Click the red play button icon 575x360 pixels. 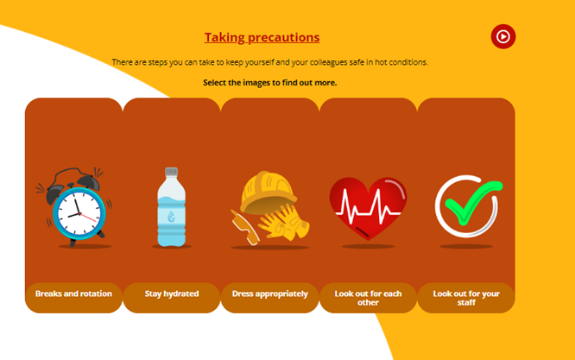coord(503,36)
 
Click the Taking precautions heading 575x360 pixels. coord(262,37)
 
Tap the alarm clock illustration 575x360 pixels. coord(74,206)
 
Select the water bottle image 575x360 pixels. coord(171,206)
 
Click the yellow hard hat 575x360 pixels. coord(268,193)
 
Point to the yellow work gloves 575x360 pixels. coord(284,222)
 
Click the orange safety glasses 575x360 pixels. coord(244,226)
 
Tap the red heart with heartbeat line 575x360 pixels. coord(368,208)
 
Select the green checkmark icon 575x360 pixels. coord(472,202)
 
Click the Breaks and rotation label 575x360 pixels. coord(73,294)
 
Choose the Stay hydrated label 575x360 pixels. coord(172,294)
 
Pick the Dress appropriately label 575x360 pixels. coord(270,294)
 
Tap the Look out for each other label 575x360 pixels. coord(368,298)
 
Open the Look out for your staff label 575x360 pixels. coord(466,298)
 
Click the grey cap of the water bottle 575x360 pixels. coord(171,172)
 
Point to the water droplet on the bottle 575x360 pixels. coord(171,216)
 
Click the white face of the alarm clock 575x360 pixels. coord(79,213)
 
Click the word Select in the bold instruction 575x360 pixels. coord(215,83)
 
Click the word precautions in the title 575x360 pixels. coord(283,37)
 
